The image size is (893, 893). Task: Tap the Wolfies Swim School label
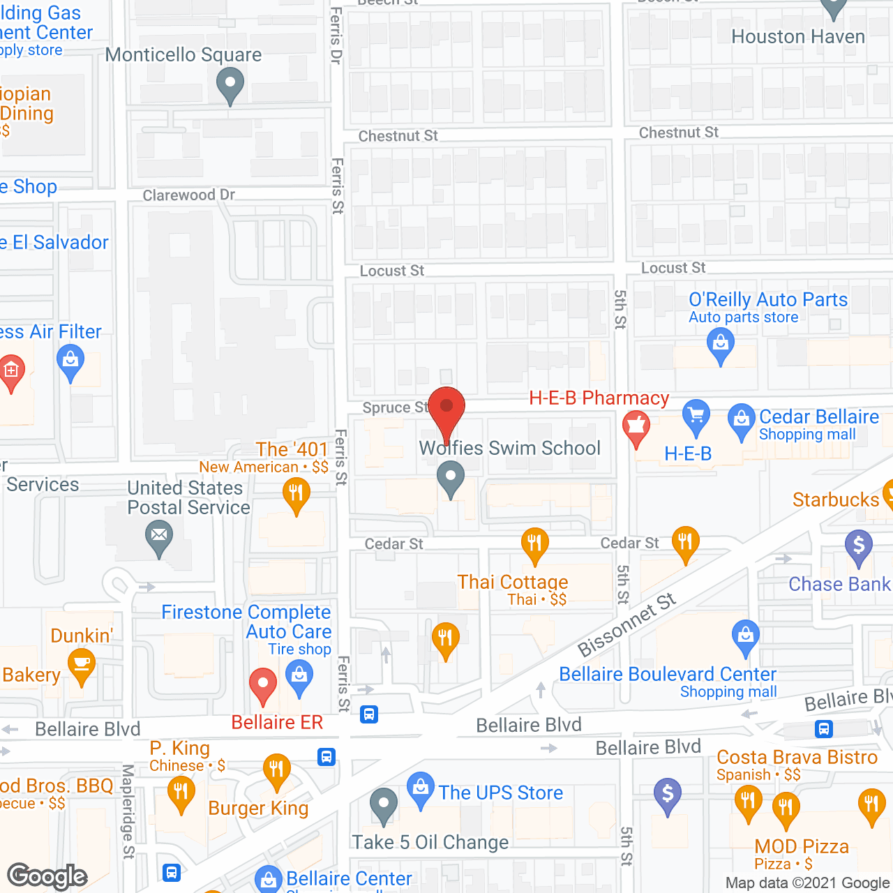coord(510,448)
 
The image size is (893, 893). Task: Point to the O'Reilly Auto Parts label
coord(768,300)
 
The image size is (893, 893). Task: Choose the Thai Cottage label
coord(513,582)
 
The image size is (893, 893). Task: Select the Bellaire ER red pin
coord(263,684)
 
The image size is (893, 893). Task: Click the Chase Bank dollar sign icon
coord(859,546)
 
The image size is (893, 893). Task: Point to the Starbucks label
coord(835,500)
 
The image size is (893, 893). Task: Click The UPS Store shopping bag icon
coord(421,788)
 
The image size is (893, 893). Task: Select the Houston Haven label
coord(798,37)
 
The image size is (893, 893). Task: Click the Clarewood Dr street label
coord(189,195)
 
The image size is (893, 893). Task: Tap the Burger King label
coord(258,809)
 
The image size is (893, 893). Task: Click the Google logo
coord(47,876)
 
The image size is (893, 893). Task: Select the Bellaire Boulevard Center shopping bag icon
coord(746,636)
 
